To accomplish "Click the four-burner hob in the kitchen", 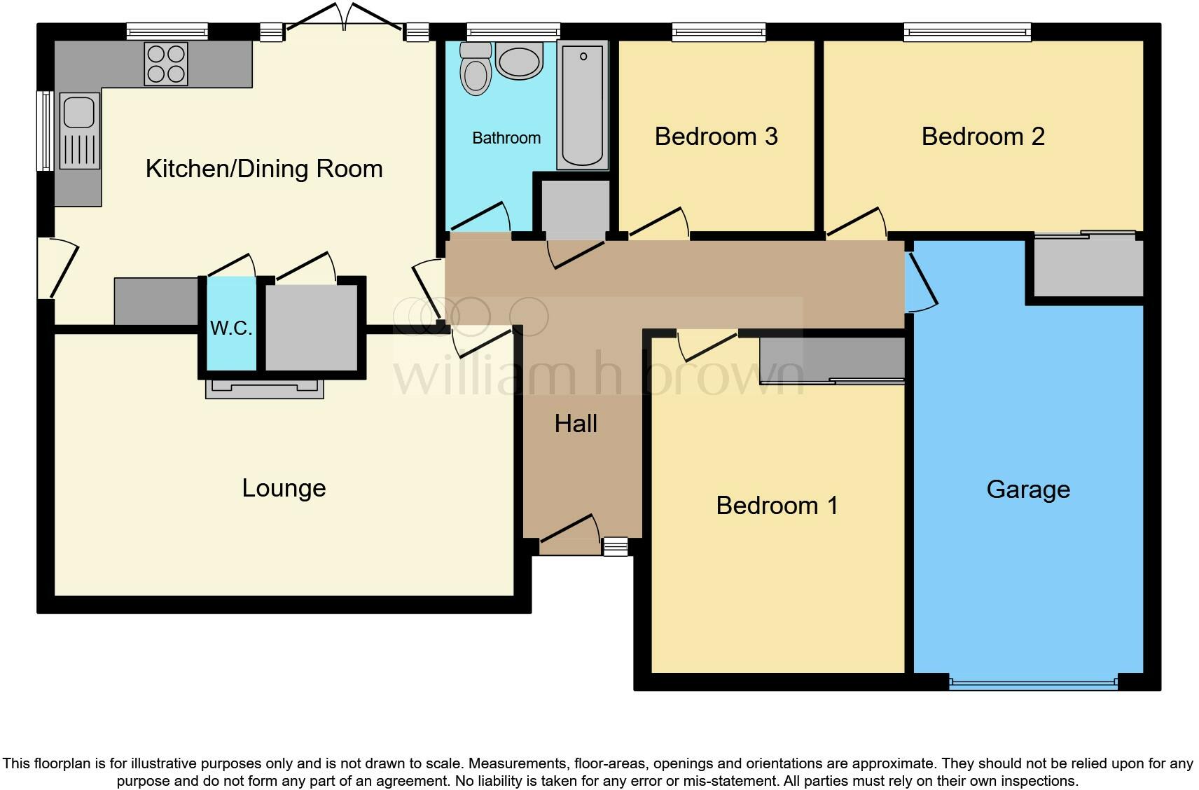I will (166, 64).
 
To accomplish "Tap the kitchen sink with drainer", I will (79, 131).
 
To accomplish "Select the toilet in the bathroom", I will (476, 69).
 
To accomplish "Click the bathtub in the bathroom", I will (582, 105).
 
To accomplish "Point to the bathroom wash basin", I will (519, 59).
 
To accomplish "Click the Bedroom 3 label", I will (716, 137).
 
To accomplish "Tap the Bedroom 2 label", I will (983, 137).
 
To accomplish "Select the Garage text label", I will (1027, 490).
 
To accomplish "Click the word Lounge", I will (284, 488).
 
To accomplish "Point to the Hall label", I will (576, 424).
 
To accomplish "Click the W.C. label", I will (230, 328).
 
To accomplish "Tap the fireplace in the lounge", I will (264, 389).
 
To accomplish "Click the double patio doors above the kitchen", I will (344, 21).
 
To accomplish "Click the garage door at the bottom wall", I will (1033, 683).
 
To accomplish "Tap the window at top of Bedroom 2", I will (967, 32).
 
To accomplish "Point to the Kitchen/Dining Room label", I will (264, 169).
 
